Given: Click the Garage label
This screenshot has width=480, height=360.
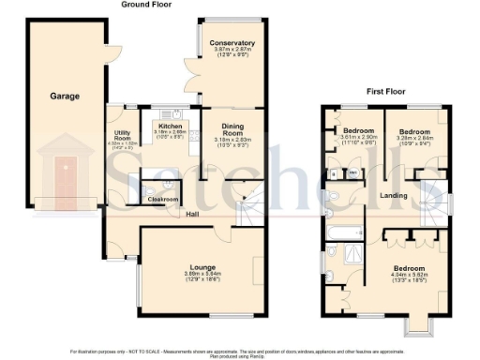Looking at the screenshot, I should (x=65, y=96).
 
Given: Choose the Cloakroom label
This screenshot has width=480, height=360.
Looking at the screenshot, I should (x=163, y=199).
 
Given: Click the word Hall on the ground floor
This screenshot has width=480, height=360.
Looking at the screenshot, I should (x=192, y=215).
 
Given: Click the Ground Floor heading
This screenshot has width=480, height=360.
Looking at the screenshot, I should (x=148, y=5).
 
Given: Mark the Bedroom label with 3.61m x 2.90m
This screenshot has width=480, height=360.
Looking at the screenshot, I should (x=358, y=130).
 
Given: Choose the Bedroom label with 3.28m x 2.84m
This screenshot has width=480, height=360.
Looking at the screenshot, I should (x=412, y=130).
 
